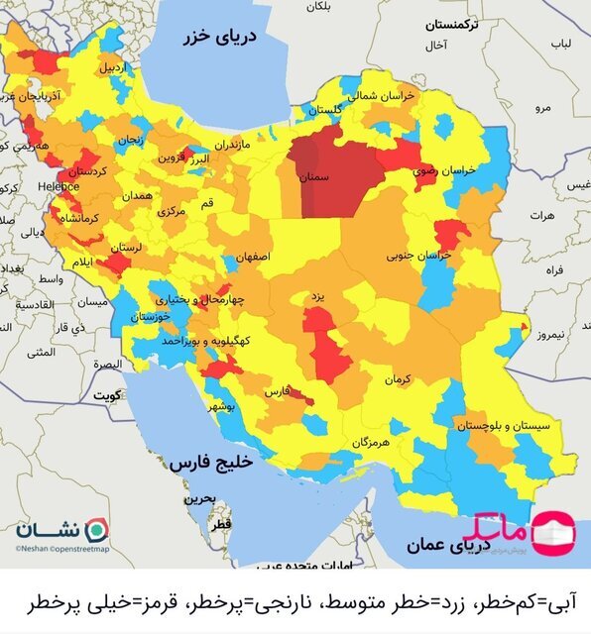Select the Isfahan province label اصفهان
pyautogui.click(x=252, y=256)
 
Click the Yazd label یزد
pyautogui.click(x=317, y=296)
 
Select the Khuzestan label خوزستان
pyautogui.click(x=150, y=317)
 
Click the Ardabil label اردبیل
pyautogui.click(x=111, y=68)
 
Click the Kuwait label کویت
pyautogui.click(x=104, y=394)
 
